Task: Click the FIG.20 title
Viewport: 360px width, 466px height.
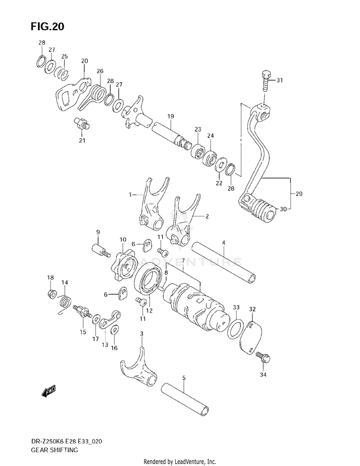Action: click(x=47, y=27)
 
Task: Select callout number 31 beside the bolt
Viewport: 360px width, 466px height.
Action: click(x=279, y=81)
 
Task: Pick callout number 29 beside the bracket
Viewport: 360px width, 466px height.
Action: click(x=299, y=194)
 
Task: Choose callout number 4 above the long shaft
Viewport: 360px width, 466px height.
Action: click(x=223, y=243)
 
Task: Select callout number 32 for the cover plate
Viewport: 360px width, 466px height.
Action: click(x=252, y=310)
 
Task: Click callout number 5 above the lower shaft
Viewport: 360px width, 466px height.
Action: click(x=183, y=378)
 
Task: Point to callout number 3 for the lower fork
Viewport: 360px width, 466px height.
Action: click(x=142, y=334)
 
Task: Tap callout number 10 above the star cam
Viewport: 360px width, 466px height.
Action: click(x=123, y=239)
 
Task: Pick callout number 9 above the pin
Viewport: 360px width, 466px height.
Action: click(x=97, y=232)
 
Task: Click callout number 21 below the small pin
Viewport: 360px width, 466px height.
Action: click(x=82, y=140)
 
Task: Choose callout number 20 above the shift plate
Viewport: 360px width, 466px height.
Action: click(x=84, y=61)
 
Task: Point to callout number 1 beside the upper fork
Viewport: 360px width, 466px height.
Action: click(x=129, y=195)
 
